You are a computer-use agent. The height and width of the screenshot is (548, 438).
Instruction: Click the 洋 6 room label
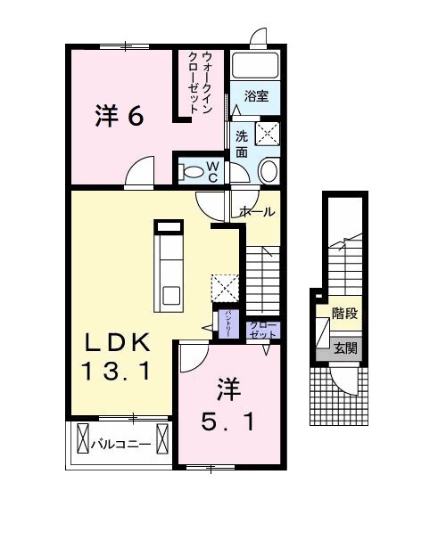[119, 116]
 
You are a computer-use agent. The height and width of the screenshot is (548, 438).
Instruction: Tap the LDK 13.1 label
[117, 356]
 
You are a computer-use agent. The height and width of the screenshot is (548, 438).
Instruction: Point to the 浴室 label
[256, 95]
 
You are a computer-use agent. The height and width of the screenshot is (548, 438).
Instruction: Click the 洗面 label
[242, 143]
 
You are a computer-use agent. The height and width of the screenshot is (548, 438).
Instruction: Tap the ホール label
[256, 212]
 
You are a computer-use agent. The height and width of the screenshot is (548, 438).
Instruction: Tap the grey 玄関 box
[345, 348]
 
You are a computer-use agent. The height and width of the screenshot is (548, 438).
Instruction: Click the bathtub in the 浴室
[257, 66]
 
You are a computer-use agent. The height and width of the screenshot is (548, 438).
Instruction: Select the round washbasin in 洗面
[267, 170]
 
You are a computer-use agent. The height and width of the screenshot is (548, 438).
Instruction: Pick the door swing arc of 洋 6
[138, 171]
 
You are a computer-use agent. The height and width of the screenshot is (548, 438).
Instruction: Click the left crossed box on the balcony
[83, 440]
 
